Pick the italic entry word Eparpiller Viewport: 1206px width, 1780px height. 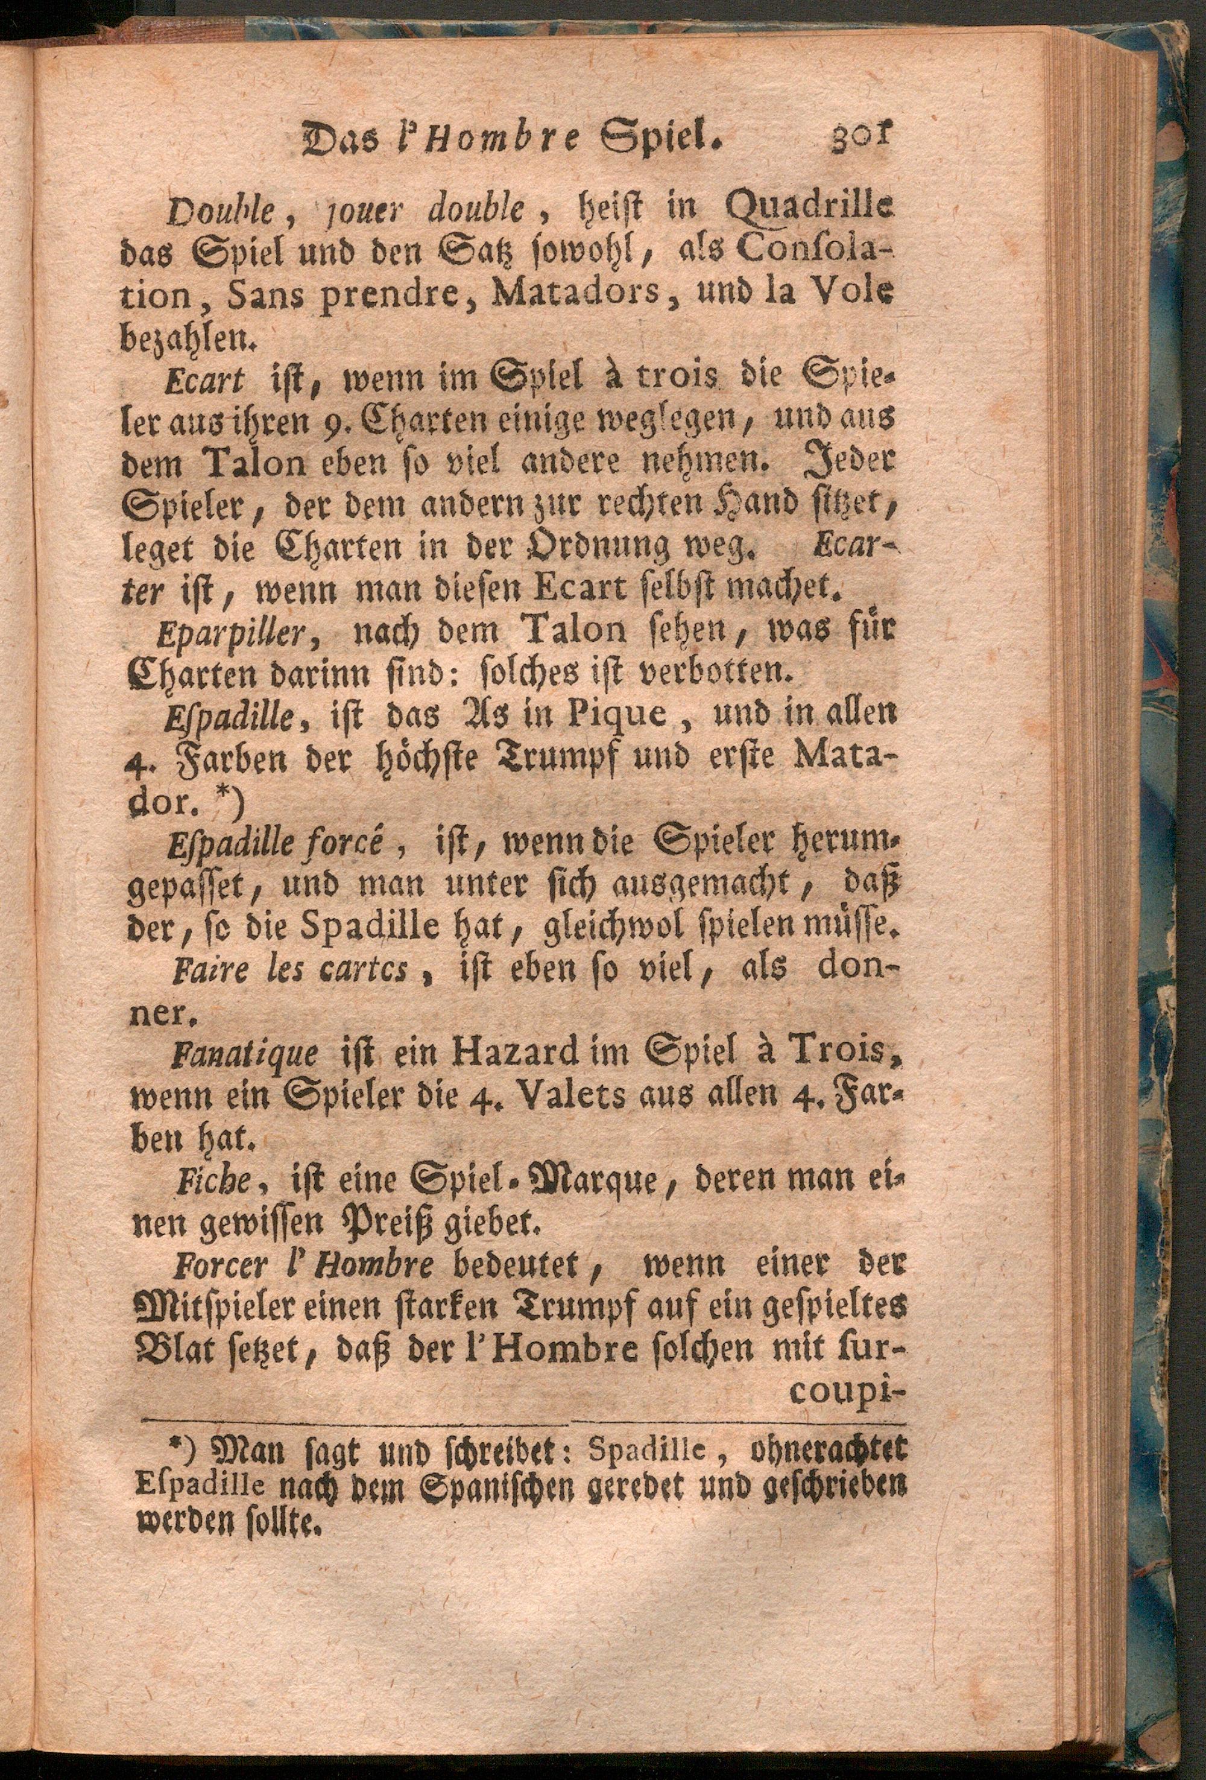229,633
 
